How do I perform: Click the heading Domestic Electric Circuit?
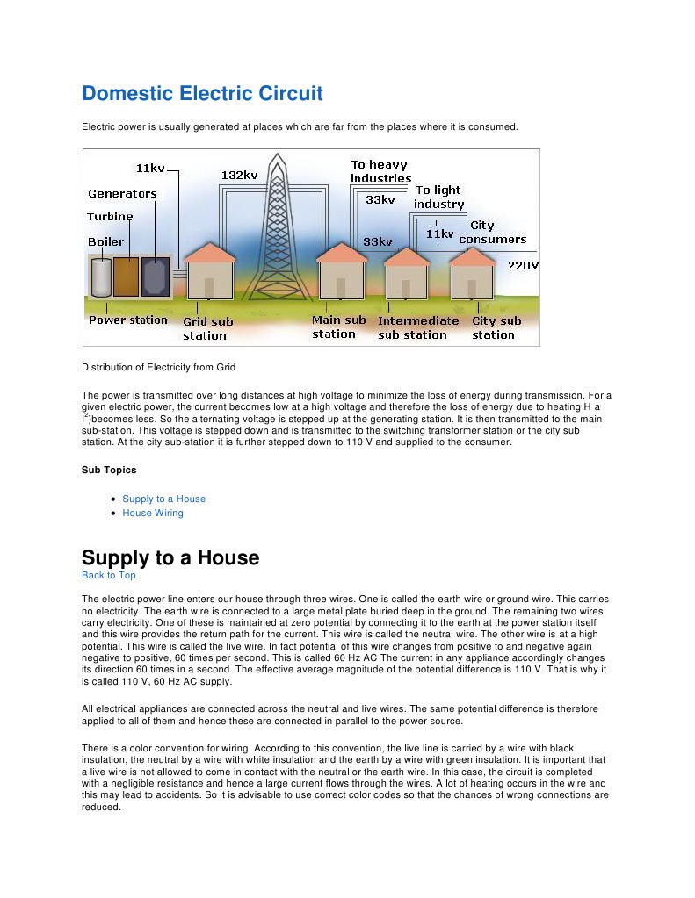click(x=202, y=94)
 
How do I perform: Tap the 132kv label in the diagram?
click(x=239, y=175)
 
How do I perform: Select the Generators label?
click(x=122, y=194)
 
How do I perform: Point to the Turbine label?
click(x=110, y=217)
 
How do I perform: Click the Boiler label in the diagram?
click(x=105, y=241)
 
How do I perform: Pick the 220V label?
click(x=524, y=265)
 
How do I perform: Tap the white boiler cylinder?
click(x=101, y=277)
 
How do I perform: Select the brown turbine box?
click(x=127, y=277)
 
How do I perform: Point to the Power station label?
click(x=128, y=320)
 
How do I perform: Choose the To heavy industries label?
click(x=380, y=171)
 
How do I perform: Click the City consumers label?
click(x=492, y=233)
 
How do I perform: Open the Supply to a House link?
click(x=163, y=499)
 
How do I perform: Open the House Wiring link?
click(x=153, y=513)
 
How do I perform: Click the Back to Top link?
click(x=108, y=575)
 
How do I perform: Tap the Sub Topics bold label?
click(x=109, y=470)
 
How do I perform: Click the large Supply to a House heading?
click(x=170, y=557)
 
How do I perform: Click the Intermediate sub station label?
click(x=418, y=327)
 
